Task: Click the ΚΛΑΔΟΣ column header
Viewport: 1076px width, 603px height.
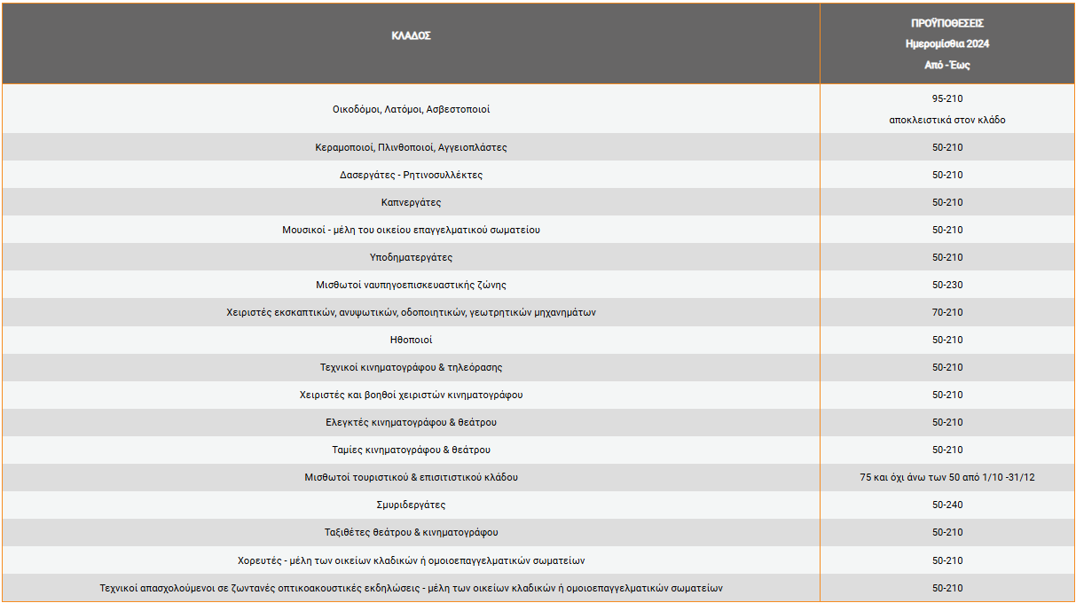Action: [411, 36]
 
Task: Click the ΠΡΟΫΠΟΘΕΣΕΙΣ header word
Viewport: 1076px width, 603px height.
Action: [946, 23]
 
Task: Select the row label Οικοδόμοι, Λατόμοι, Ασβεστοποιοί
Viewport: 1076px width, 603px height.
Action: [411, 109]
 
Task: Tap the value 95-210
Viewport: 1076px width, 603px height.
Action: [946, 98]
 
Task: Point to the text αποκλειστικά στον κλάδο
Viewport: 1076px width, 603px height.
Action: [946, 120]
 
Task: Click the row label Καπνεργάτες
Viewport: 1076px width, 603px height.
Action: [411, 202]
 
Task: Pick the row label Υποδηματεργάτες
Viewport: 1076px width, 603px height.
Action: [411, 257]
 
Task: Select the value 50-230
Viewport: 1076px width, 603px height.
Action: [946, 285]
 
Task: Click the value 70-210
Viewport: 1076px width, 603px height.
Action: [946, 312]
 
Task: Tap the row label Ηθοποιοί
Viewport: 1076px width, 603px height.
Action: [411, 340]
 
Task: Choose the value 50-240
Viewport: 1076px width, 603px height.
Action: [946, 505]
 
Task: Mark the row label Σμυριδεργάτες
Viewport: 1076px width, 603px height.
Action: [411, 505]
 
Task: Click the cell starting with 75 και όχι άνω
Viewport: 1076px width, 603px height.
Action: [946, 477]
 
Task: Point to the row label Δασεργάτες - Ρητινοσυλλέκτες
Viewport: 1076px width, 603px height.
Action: [411, 175]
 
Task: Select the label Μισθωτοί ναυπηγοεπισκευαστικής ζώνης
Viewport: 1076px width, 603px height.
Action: [411, 285]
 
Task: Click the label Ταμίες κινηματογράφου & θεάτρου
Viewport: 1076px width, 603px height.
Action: [411, 450]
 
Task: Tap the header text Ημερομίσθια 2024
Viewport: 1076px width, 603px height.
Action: [946, 43]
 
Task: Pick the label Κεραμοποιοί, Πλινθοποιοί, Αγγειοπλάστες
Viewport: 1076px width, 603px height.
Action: [411, 147]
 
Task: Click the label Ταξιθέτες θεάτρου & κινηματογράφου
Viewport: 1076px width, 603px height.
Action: [411, 532]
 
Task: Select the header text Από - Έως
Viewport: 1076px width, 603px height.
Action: [946, 65]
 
